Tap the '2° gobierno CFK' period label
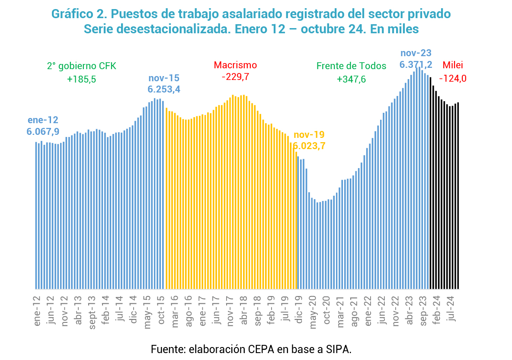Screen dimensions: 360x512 click(x=82, y=66)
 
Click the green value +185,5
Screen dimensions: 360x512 click(x=82, y=80)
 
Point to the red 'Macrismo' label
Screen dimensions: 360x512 click(x=235, y=65)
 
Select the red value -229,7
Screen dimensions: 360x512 click(x=235, y=77)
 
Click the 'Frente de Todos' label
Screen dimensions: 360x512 click(x=351, y=66)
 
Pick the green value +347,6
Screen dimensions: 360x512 click(x=351, y=80)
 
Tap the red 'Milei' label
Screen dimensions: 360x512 click(x=453, y=65)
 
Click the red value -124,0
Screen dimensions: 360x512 click(x=453, y=79)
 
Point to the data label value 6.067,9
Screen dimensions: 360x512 click(x=43, y=131)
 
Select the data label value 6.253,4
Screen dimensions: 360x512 click(x=164, y=89)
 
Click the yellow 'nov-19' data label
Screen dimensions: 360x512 click(x=309, y=134)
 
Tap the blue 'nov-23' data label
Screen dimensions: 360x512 click(x=416, y=53)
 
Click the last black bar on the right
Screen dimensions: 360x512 click(x=458, y=195)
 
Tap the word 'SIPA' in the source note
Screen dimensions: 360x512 click(x=336, y=349)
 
